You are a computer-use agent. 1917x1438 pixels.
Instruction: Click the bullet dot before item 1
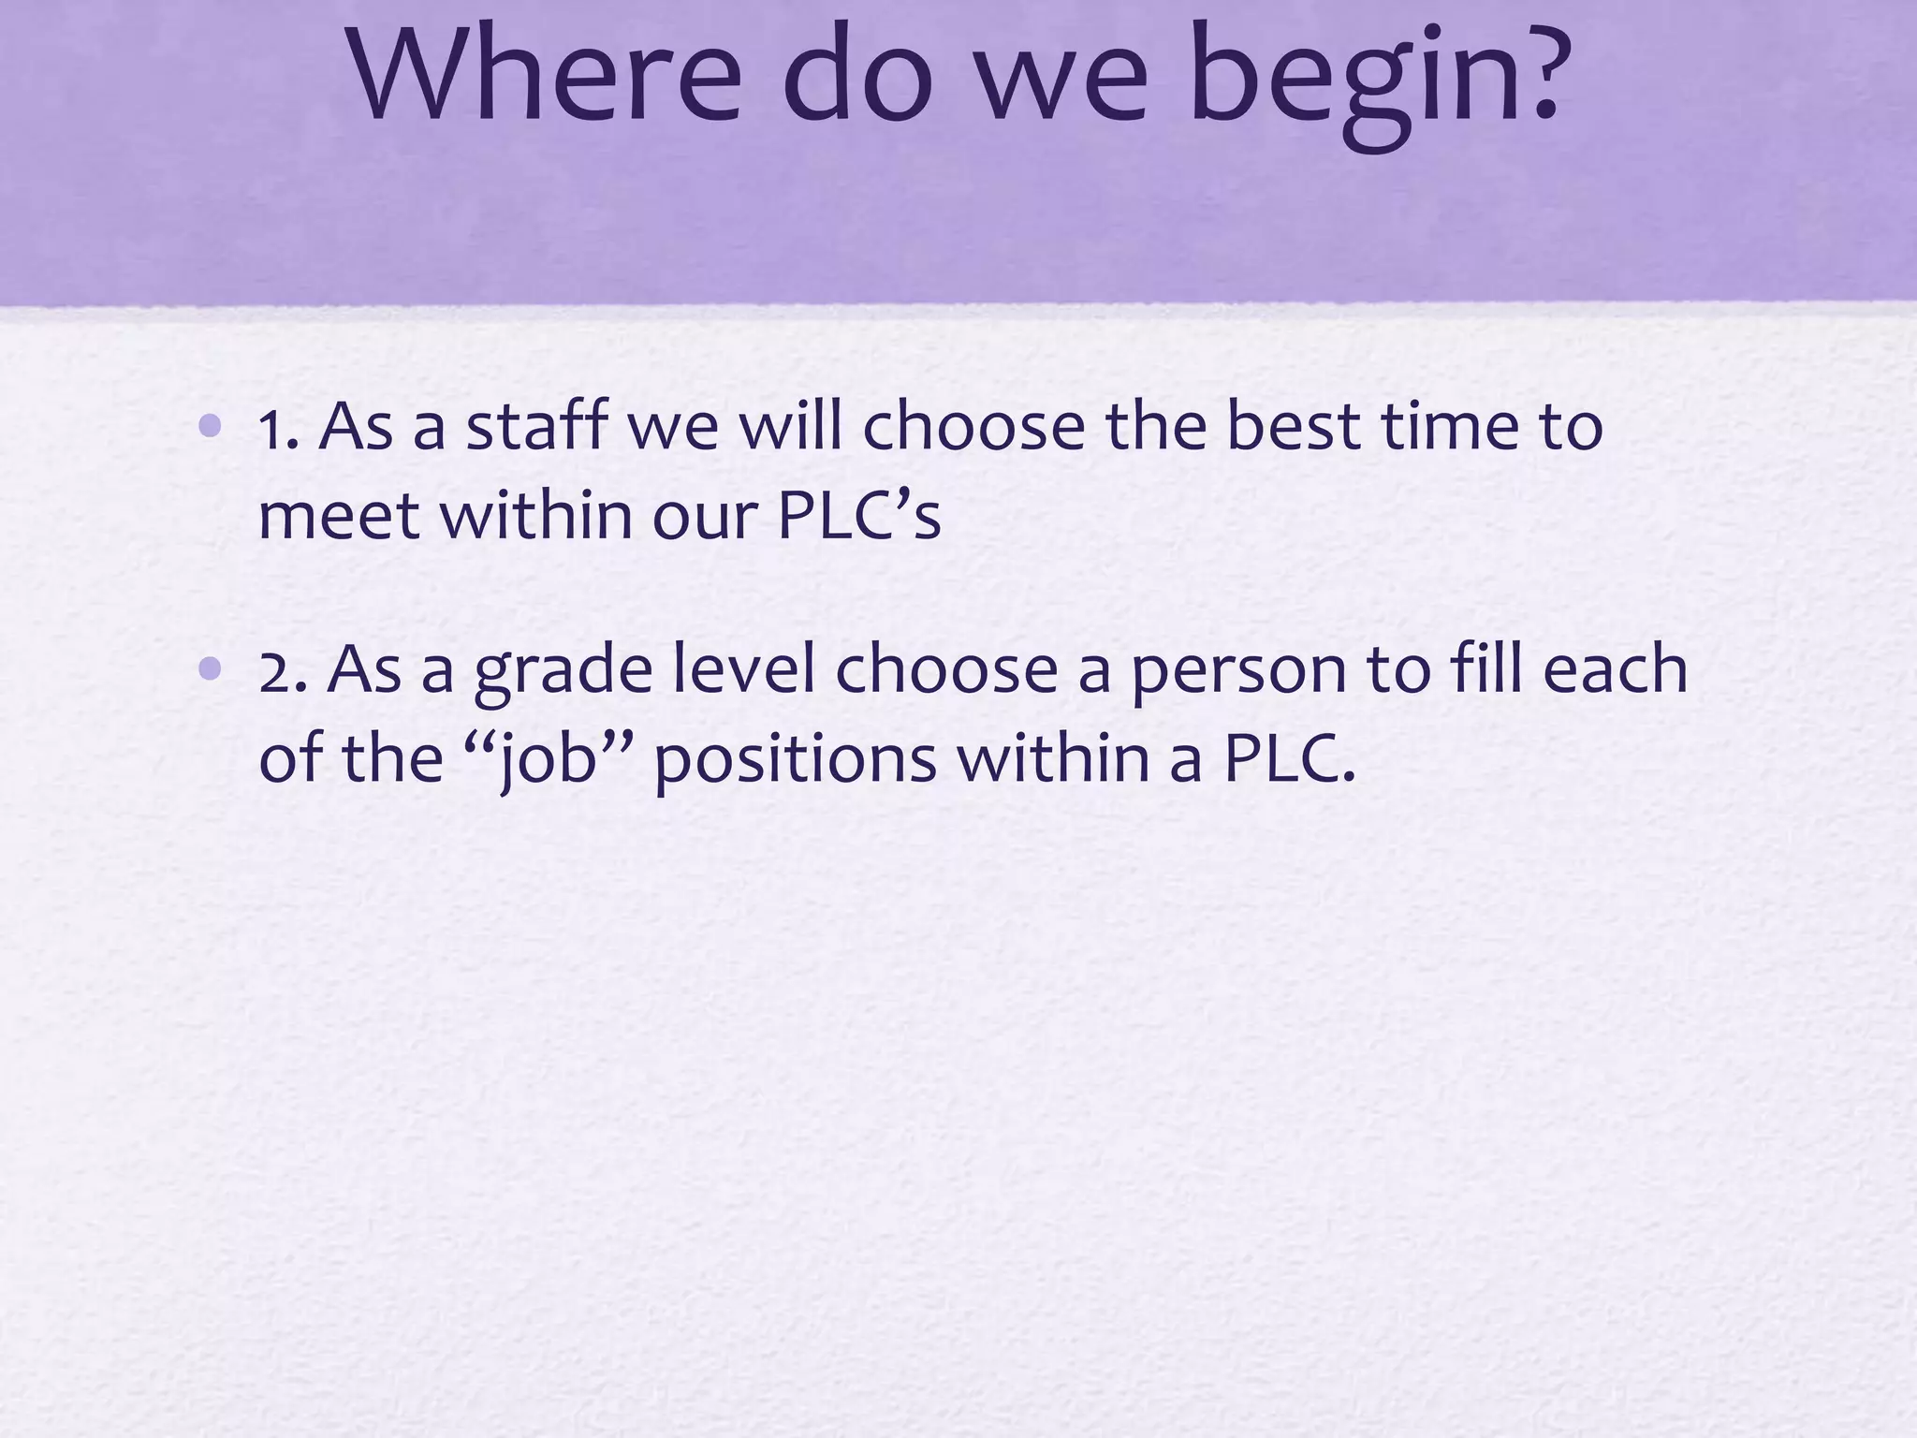click(211, 427)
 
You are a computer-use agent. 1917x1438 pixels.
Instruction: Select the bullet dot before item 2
click(211, 668)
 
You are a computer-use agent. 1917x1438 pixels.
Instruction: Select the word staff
click(537, 427)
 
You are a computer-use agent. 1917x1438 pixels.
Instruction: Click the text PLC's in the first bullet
click(858, 517)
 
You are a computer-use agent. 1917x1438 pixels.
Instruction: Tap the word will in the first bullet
click(791, 427)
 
